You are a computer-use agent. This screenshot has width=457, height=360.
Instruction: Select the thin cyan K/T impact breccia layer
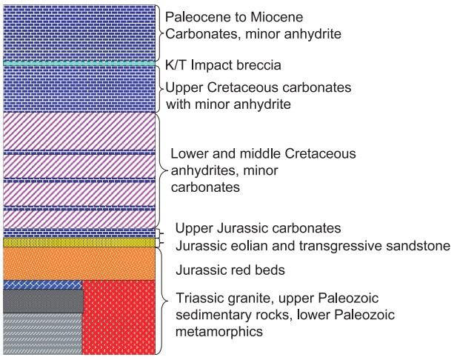pos(80,64)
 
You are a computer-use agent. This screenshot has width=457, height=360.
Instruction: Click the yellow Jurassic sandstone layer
pos(80,241)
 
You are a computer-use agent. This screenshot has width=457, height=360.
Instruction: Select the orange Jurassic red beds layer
pos(80,263)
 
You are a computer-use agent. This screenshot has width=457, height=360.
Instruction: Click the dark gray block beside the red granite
pos(42,301)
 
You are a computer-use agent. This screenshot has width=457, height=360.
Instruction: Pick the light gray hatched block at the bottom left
pos(42,333)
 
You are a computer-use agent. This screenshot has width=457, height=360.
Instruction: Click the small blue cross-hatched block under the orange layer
pos(42,284)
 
